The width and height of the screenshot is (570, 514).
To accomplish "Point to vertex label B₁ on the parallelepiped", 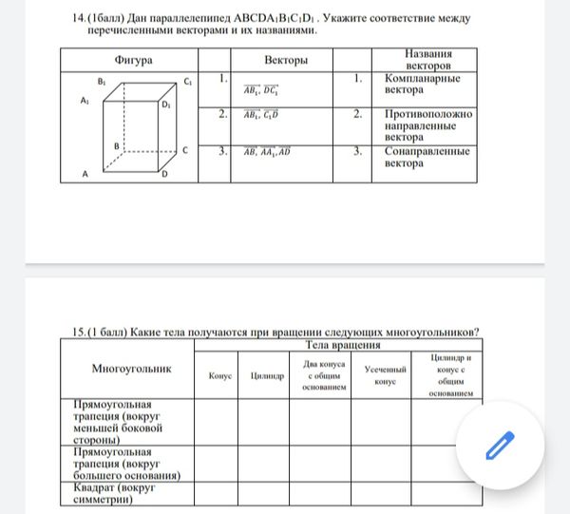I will [102, 83].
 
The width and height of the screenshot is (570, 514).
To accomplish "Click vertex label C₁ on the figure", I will [189, 83].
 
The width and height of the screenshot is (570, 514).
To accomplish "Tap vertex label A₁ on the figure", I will [85, 100].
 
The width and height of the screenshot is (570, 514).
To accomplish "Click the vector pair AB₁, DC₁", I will [261, 90].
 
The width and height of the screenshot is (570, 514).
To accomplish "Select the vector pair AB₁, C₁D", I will [261, 117].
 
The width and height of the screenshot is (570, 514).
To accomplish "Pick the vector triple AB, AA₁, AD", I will [267, 151].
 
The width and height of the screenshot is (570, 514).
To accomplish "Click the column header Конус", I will [219, 376].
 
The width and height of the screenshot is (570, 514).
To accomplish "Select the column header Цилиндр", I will [267, 376].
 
